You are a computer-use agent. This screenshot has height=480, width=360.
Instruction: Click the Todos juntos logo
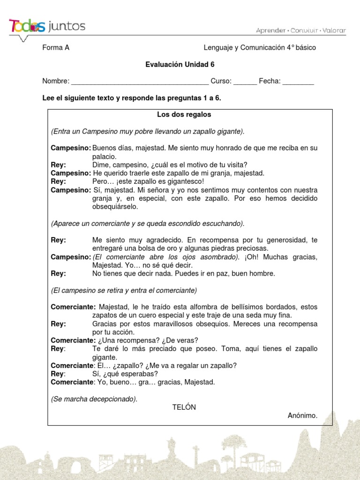[47, 27]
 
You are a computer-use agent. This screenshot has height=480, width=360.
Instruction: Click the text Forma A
[56, 48]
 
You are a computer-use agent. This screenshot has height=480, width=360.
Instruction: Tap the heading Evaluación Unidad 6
[180, 65]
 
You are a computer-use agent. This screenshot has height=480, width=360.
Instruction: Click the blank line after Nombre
[139, 82]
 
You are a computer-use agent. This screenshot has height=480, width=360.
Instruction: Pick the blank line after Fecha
[298, 82]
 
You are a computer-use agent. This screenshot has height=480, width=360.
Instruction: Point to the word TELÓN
[184, 407]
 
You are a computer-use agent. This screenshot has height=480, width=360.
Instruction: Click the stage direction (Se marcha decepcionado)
[94, 399]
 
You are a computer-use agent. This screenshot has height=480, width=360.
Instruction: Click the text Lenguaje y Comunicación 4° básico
[260, 48]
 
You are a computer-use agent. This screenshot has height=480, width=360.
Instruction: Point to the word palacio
[104, 157]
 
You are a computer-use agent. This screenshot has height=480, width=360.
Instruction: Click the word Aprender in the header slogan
[270, 30]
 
